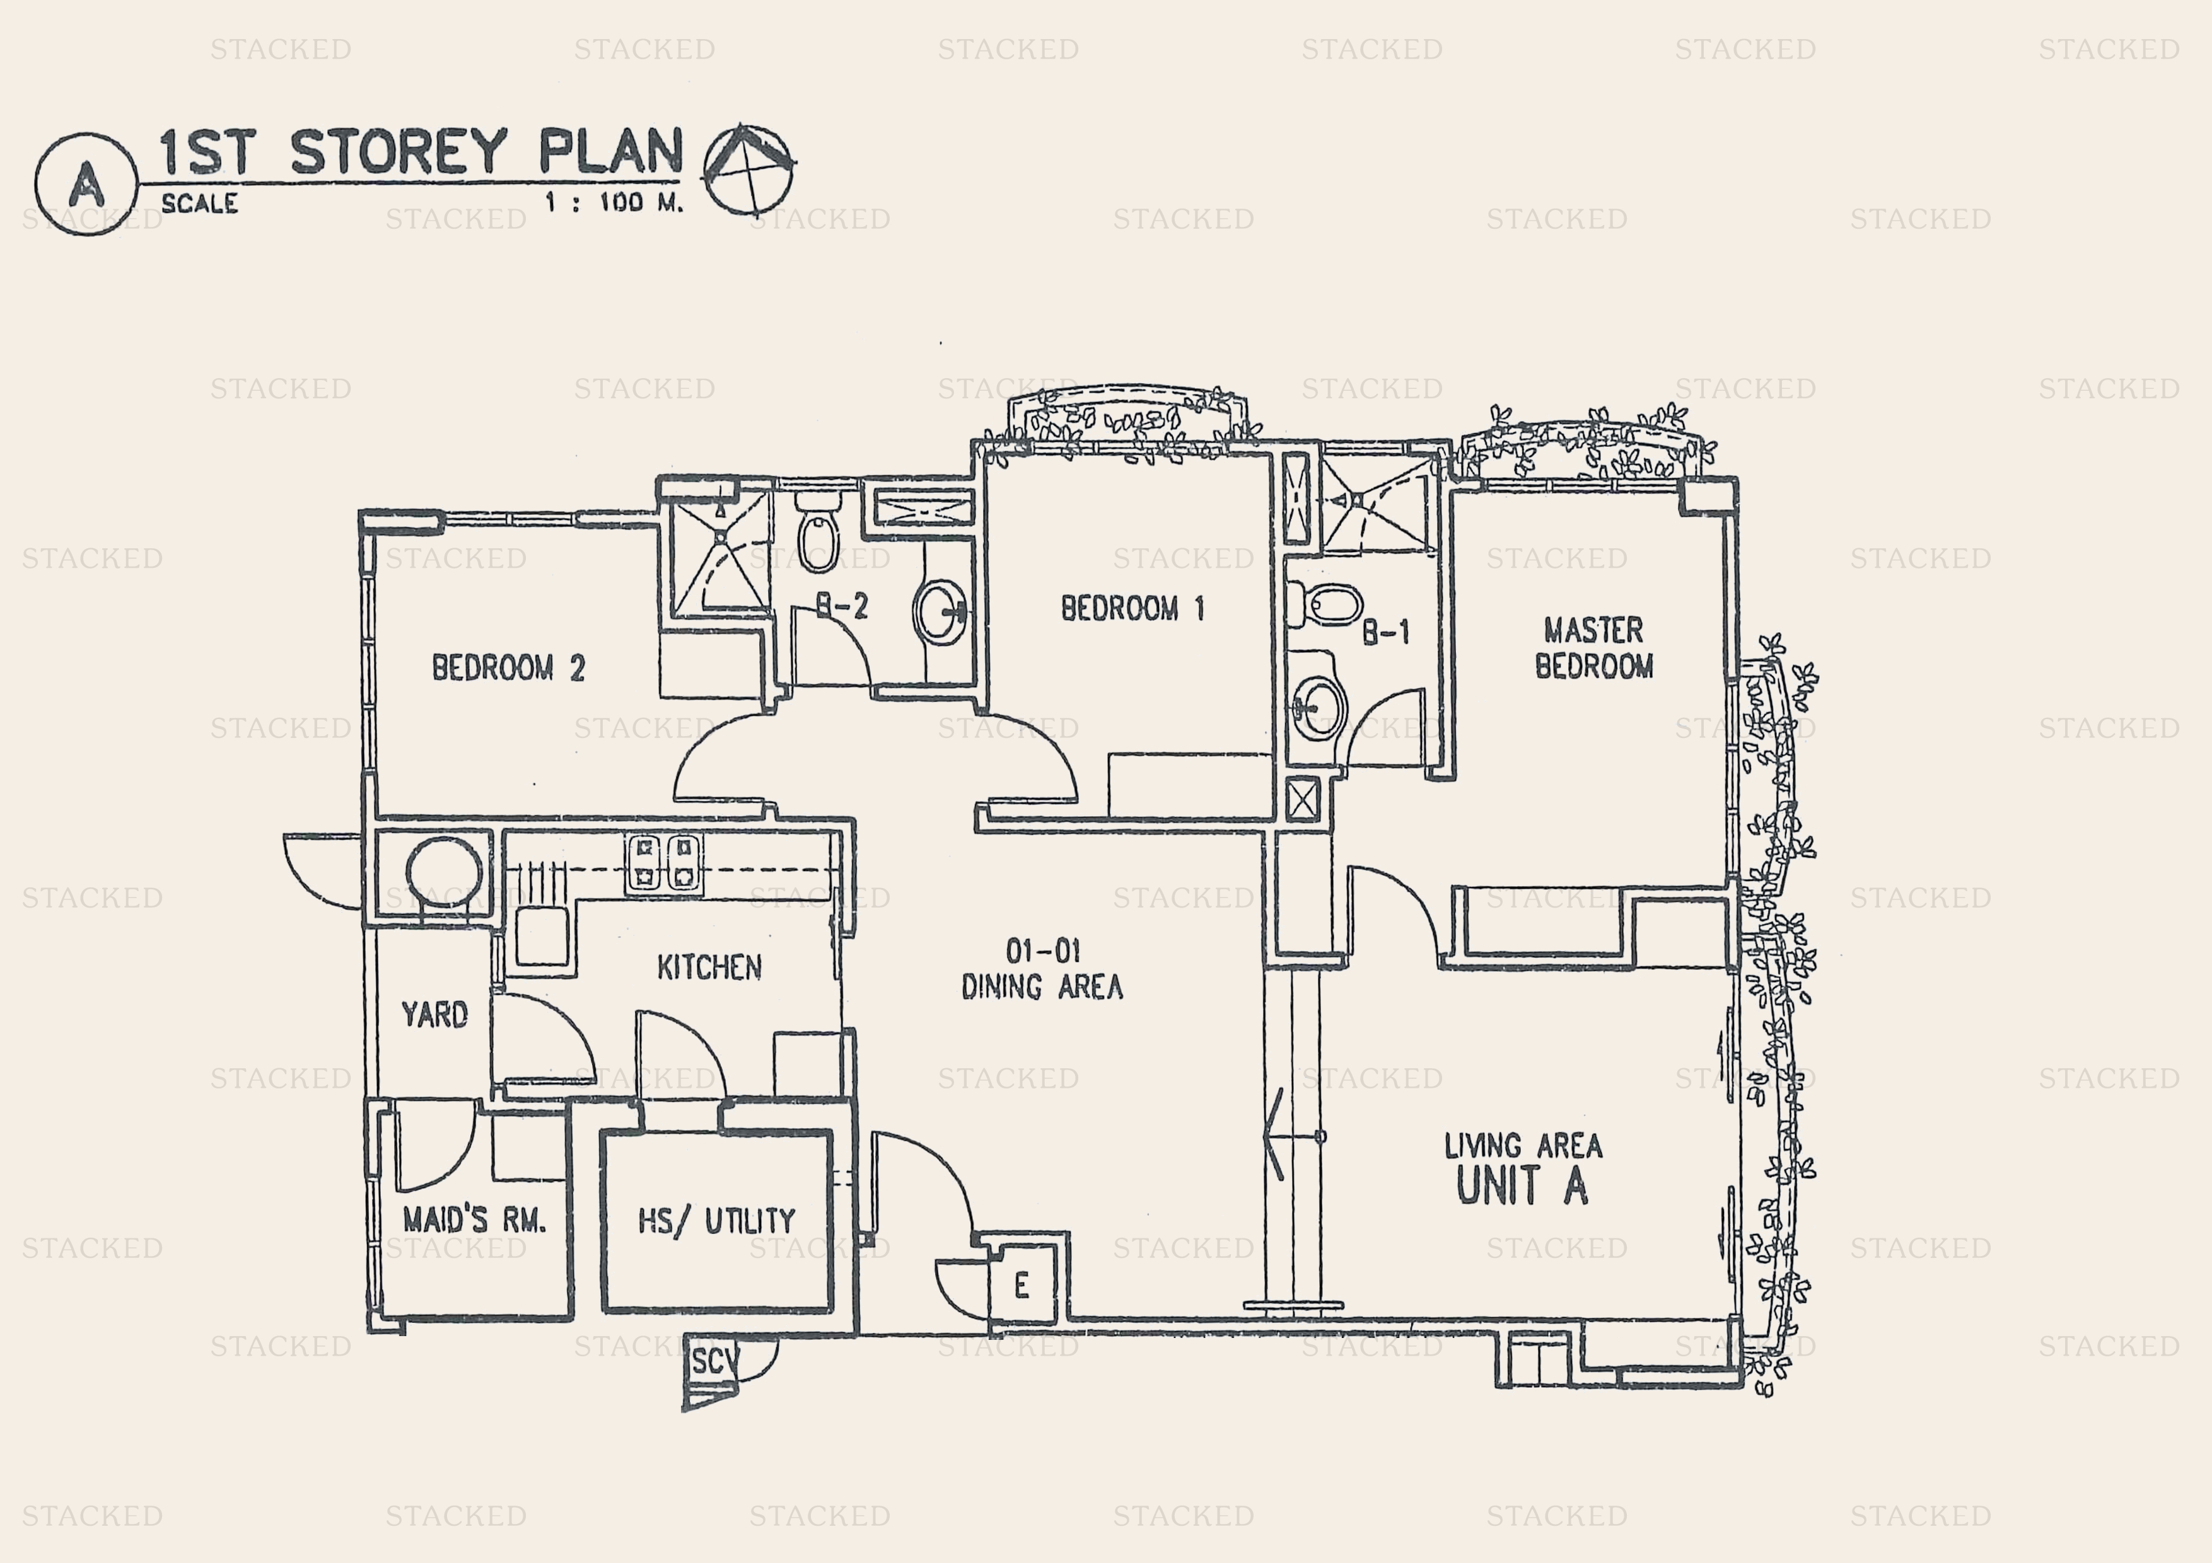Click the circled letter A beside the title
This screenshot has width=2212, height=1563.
pos(86,184)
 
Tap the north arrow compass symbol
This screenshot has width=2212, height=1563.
pos(748,168)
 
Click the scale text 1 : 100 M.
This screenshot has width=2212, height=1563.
pos(613,202)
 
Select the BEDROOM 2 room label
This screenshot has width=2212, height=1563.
pos(508,667)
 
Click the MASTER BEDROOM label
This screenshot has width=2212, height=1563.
pos(1593,648)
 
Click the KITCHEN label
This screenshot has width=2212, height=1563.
pos(709,967)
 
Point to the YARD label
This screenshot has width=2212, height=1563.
pos(434,1014)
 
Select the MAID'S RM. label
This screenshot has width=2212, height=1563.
pos(474,1220)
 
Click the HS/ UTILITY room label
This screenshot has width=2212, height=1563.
pos(717,1221)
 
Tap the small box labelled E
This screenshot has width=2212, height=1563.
pos(1022,1284)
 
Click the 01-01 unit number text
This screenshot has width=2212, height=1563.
pos(1042,952)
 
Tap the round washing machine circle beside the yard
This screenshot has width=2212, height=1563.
pos(443,872)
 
